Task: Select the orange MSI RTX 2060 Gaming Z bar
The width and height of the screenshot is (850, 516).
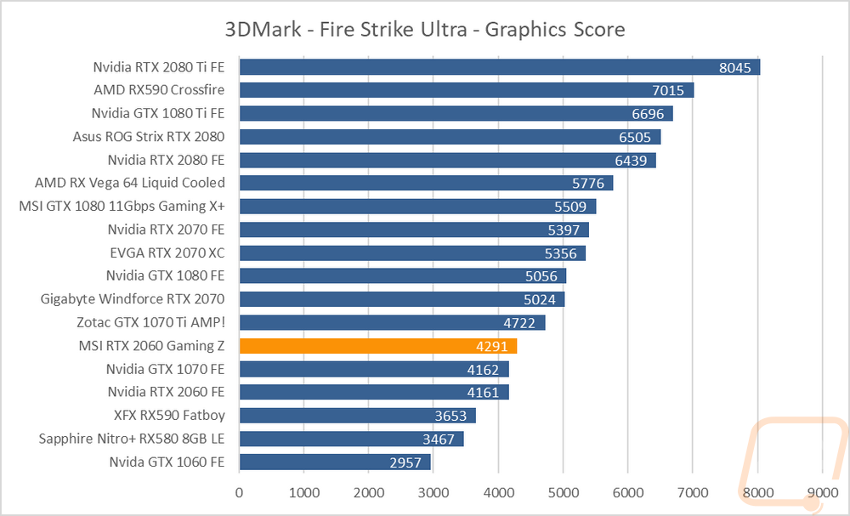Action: tap(378, 346)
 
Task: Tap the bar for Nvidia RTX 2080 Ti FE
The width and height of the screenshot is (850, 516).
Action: tap(499, 67)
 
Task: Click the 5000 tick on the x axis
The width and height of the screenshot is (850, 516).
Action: tap(563, 493)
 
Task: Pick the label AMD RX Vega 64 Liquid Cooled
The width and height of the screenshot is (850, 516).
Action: tap(130, 183)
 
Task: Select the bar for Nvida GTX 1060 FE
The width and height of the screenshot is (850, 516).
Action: tap(335, 462)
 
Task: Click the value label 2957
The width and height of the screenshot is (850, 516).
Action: tap(407, 462)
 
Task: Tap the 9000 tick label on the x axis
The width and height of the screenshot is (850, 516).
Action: tap(822, 493)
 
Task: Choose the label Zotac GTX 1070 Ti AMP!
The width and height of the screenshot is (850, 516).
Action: tap(150, 322)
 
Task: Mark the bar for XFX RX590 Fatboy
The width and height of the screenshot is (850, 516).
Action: tap(357, 416)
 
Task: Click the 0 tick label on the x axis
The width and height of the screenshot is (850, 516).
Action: tap(240, 493)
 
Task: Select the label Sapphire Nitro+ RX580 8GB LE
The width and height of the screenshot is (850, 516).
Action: tap(132, 439)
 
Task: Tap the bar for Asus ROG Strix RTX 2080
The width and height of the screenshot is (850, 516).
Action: tap(450, 137)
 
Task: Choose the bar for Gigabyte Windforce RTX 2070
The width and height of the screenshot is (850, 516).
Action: tap(402, 299)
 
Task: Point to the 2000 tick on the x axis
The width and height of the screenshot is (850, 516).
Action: tap(369, 493)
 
